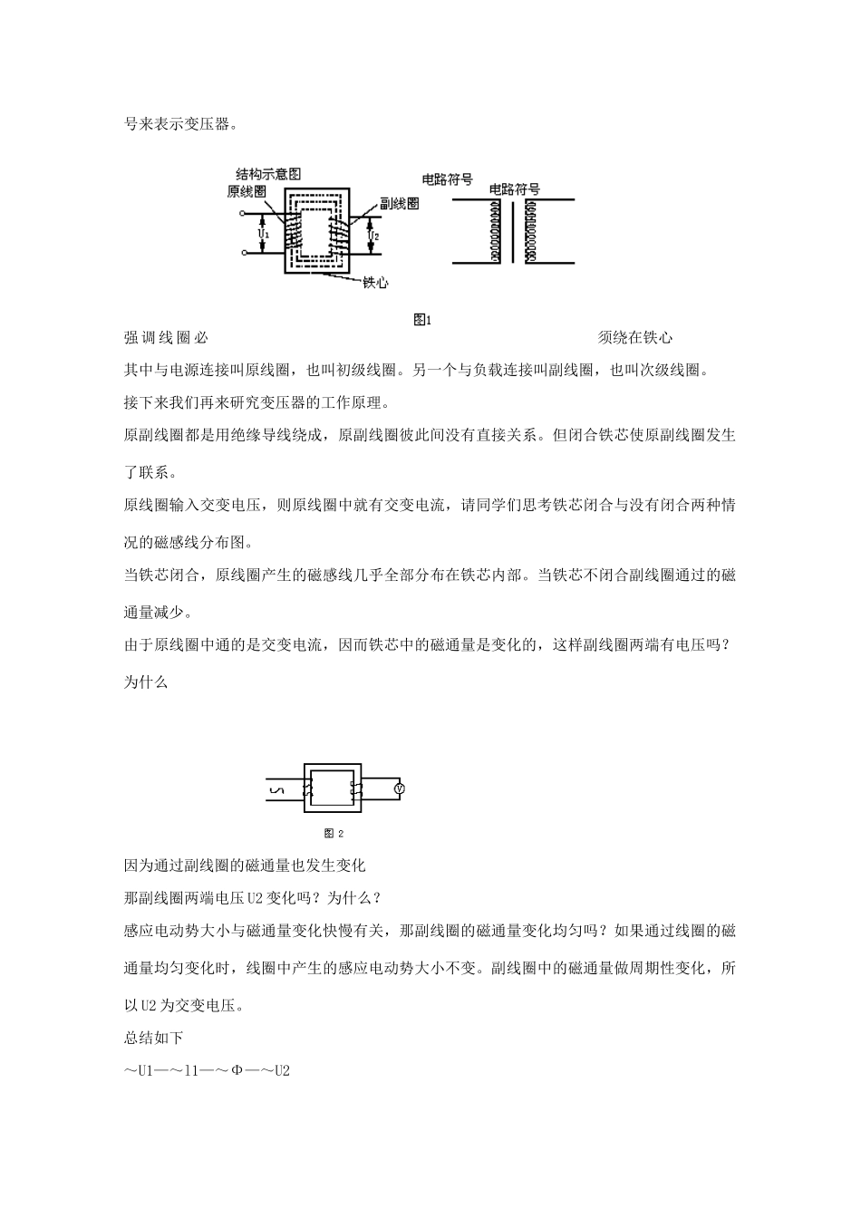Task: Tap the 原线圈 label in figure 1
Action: pos(246,191)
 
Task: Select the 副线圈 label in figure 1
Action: pos(399,204)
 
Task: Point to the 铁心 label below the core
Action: pos(375,283)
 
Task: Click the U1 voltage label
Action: pos(263,234)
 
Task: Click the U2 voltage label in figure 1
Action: pos(372,235)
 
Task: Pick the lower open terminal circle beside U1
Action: pos(243,253)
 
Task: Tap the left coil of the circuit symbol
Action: pos(495,231)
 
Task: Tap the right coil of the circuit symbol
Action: pos(530,231)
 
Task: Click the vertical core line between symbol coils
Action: pos(513,231)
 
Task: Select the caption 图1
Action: pos(422,319)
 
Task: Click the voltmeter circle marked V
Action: pos(399,789)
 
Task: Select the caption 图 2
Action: pos(334,833)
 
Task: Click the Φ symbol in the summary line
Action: pos(237,1070)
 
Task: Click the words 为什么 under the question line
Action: pos(146,682)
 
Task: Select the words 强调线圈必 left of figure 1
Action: pos(166,338)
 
